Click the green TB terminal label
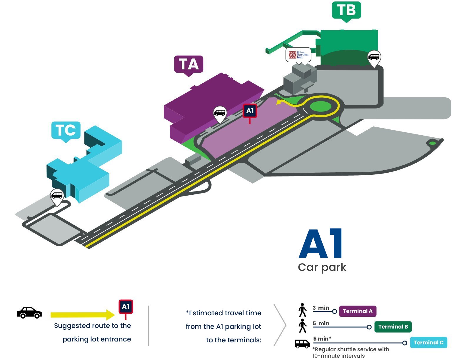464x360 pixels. pyautogui.click(x=346, y=11)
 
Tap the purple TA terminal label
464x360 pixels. pyautogui.click(x=188, y=65)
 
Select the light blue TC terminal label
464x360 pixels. pyautogui.click(x=66, y=131)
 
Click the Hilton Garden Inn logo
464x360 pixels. pyautogui.click(x=298, y=55)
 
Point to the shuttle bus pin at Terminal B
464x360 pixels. pyautogui.click(x=374, y=58)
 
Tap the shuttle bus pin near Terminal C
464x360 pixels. pyautogui.click(x=57, y=196)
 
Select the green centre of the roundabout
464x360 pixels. pyautogui.click(x=320, y=106)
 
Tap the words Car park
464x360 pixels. pyautogui.click(x=322, y=267)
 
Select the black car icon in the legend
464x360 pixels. pyautogui.click(x=29, y=313)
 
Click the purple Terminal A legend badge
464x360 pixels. pyautogui.click(x=358, y=311)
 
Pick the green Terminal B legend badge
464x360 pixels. pyautogui.click(x=393, y=327)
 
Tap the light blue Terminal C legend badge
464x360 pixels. pyautogui.click(x=428, y=342)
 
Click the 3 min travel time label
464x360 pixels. pyautogui.click(x=321, y=308)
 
